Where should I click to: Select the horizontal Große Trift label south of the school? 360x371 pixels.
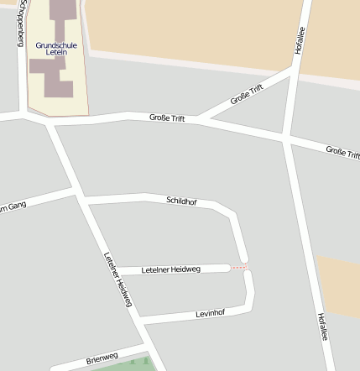[x=167, y=118]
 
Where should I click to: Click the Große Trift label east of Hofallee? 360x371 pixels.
[x=342, y=154]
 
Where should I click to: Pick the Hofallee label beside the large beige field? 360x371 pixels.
[x=299, y=39]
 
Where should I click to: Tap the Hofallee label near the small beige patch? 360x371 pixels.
[x=322, y=326]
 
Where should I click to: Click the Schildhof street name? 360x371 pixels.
[x=181, y=201]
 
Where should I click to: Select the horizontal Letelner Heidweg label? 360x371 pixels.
[x=171, y=269]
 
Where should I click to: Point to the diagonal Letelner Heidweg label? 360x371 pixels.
[x=118, y=280]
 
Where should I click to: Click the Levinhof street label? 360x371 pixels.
[x=210, y=313]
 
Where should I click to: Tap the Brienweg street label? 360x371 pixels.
[x=103, y=358]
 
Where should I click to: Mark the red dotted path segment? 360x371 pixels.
[x=239, y=268]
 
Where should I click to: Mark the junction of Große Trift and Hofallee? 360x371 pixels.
[x=287, y=137]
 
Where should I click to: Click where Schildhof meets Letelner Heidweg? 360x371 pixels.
[x=81, y=199]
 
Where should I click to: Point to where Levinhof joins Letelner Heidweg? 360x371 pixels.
[x=135, y=320]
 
